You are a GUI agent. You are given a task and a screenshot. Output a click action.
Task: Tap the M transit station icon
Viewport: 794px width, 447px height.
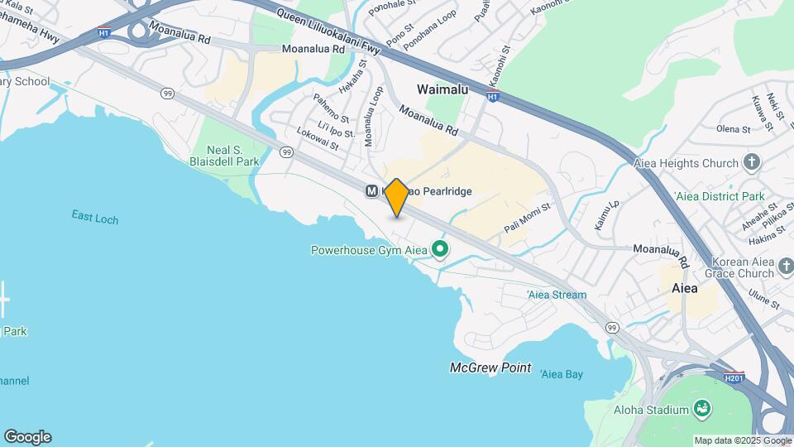[372, 191]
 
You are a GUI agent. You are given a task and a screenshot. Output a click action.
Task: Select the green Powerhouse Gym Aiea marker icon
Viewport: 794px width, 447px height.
[440, 249]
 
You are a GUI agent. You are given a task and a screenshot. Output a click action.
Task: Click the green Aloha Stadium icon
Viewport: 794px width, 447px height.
[702, 408]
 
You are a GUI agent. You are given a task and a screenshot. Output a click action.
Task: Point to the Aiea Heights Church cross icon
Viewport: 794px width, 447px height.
[752, 163]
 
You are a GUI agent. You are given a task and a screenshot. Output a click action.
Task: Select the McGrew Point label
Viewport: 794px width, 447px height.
[490, 368]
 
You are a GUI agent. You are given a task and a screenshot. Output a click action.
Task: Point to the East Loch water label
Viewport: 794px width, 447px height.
[94, 219]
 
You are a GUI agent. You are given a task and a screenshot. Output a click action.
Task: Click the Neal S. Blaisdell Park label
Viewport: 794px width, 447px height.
[225, 156]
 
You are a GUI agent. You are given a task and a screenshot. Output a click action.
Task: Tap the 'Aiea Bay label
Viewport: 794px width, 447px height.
[562, 374]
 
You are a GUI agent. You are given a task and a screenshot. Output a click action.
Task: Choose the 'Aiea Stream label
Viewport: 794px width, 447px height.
[557, 295]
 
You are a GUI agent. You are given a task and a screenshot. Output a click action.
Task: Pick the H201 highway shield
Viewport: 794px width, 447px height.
[734, 377]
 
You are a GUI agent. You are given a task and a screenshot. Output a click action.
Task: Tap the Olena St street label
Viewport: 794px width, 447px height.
[734, 129]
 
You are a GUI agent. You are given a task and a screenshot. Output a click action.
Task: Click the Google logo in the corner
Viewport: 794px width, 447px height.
[27, 436]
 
